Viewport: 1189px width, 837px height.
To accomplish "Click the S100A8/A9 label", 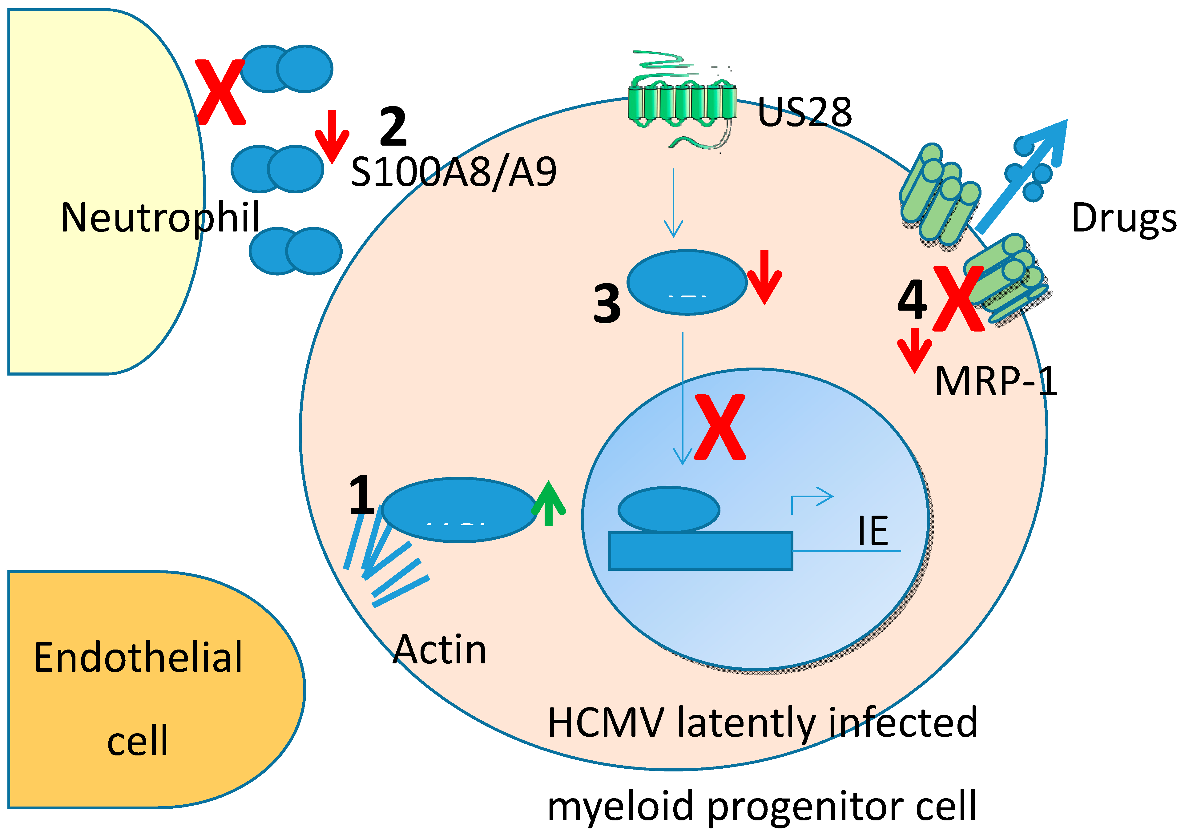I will pyautogui.click(x=453, y=172).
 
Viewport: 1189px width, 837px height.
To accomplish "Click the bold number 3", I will pyautogui.click(x=607, y=304).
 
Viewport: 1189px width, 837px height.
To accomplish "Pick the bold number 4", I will pyautogui.click(x=912, y=300).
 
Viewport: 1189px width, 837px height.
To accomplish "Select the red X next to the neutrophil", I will pyautogui.click(x=220, y=92).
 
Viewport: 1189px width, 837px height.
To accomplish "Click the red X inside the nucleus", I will pyautogui.click(x=720, y=427).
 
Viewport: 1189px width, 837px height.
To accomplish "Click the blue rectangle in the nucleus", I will pyautogui.click(x=700, y=551).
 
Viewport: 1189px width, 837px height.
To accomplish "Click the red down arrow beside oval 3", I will pyautogui.click(x=764, y=277).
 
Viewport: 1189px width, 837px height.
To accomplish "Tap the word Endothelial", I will pyautogui.click(x=138, y=658).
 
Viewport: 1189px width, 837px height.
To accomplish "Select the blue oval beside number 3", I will pyautogui.click(x=687, y=282).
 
